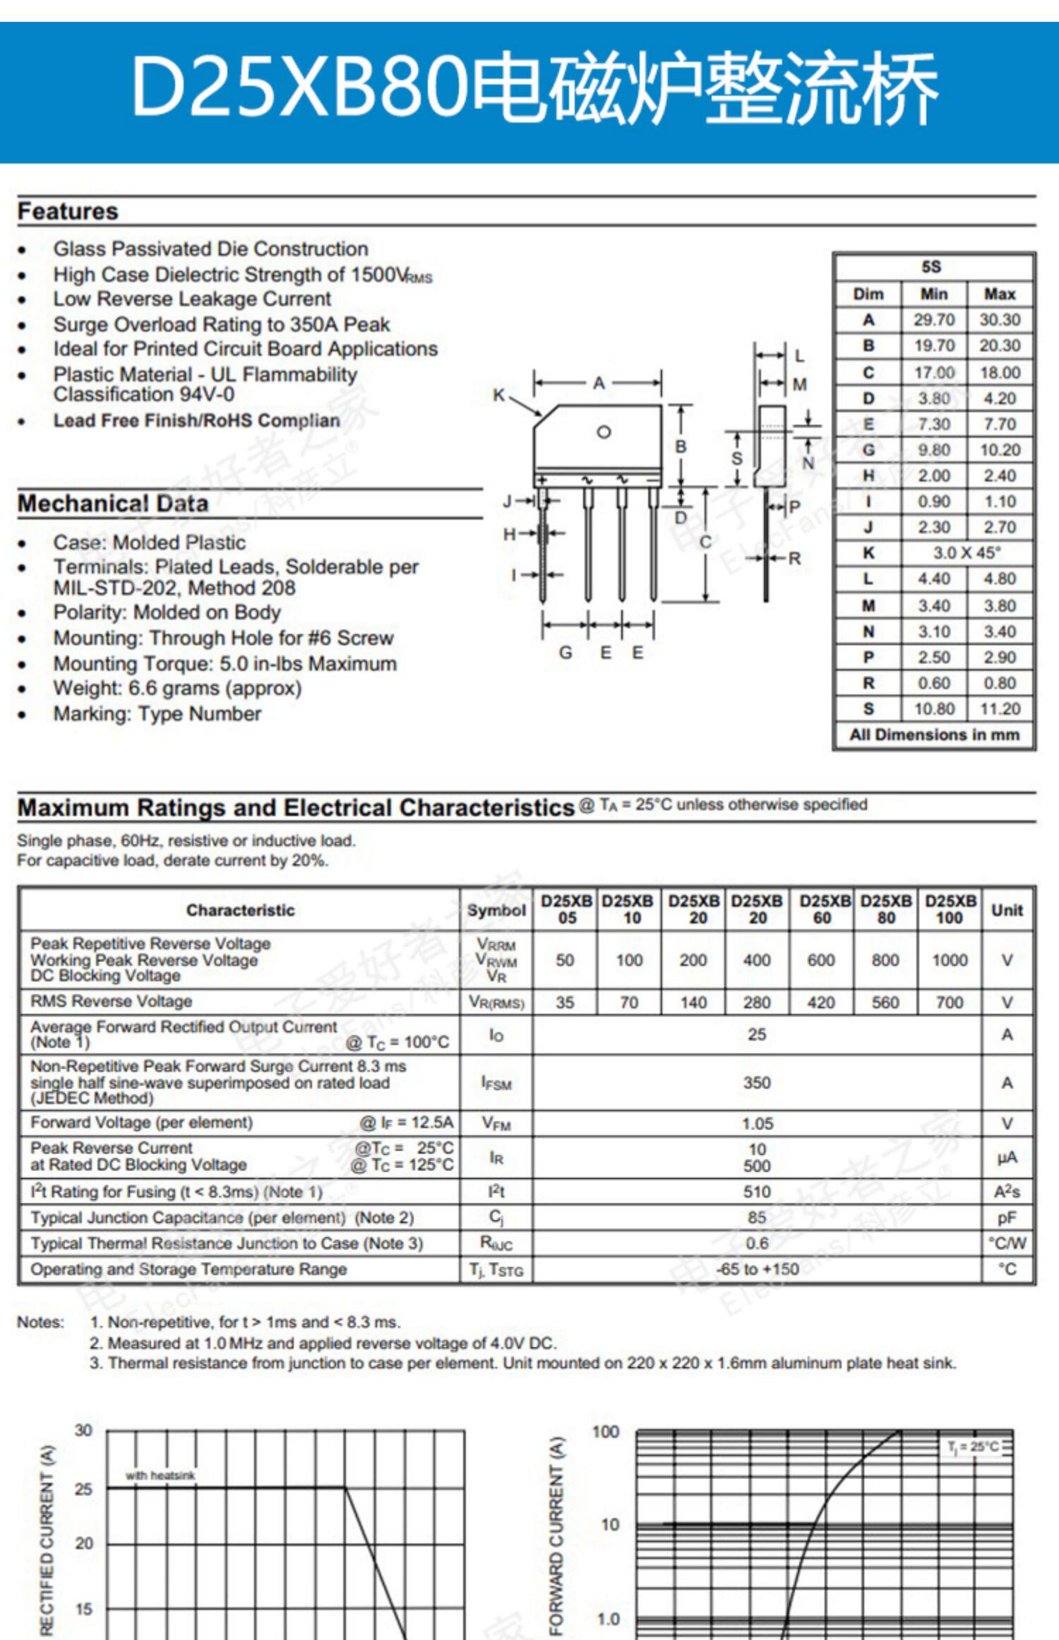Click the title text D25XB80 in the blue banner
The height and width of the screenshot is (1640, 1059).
(300, 86)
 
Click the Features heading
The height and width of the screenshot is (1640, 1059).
(68, 211)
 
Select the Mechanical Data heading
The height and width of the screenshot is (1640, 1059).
(113, 504)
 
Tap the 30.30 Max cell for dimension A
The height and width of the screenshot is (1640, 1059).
(1000, 320)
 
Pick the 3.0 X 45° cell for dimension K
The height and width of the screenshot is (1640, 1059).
(967, 553)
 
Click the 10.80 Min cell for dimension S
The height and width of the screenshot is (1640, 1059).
(934, 708)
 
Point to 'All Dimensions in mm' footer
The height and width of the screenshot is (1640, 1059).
(934, 735)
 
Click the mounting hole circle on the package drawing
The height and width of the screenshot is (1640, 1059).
(604, 432)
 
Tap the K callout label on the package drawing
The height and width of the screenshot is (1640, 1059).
(498, 396)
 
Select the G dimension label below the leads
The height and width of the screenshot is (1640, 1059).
(566, 653)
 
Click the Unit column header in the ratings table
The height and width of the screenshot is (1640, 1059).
(1007, 910)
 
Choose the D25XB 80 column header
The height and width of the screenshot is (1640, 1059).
(886, 910)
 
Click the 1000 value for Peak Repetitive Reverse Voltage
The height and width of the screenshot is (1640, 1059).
(950, 960)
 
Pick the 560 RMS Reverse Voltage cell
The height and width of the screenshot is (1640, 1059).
(885, 1002)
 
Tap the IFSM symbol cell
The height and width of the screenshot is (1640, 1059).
(496, 1083)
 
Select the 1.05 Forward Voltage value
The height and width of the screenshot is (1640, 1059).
(757, 1123)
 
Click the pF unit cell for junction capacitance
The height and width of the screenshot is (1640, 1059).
(1007, 1218)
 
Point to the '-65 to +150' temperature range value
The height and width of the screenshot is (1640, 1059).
(757, 1269)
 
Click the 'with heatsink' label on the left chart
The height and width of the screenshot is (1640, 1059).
(160, 1475)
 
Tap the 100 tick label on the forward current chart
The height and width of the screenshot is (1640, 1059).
(606, 1432)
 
